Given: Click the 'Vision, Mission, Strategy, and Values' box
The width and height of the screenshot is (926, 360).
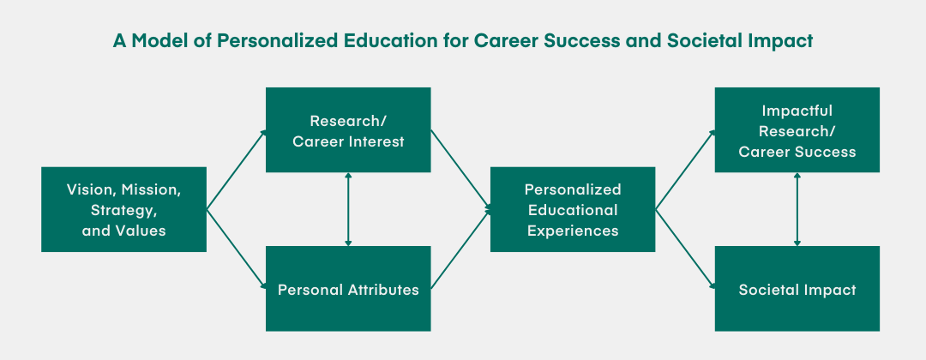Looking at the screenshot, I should (123, 209).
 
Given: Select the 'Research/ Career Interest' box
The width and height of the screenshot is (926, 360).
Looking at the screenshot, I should (348, 129).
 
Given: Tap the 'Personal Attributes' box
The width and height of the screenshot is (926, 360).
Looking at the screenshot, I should (348, 289).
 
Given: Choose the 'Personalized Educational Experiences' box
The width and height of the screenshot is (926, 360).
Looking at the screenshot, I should (572, 209).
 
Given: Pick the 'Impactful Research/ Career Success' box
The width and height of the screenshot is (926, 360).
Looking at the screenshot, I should (797, 129).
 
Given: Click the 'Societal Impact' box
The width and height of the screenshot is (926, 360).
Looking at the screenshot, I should (797, 289).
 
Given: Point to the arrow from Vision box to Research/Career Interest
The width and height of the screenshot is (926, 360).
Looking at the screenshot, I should (236, 170).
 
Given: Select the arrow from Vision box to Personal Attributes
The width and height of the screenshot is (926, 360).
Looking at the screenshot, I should (236, 249).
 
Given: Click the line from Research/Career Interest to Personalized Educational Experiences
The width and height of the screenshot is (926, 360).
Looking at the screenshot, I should (460, 169).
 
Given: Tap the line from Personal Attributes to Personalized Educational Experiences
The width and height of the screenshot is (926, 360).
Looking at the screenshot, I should (460, 249).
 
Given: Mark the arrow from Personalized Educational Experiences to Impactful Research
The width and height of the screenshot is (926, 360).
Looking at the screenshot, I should (685, 170).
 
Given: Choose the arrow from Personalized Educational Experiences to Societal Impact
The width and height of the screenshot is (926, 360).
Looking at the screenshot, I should (685, 249).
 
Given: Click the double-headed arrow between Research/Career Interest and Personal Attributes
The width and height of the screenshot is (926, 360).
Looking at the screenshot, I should (348, 209).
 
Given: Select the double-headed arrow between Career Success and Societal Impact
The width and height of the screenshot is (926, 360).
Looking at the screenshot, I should (797, 209).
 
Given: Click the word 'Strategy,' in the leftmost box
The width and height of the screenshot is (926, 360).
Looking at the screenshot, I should (124, 209).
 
